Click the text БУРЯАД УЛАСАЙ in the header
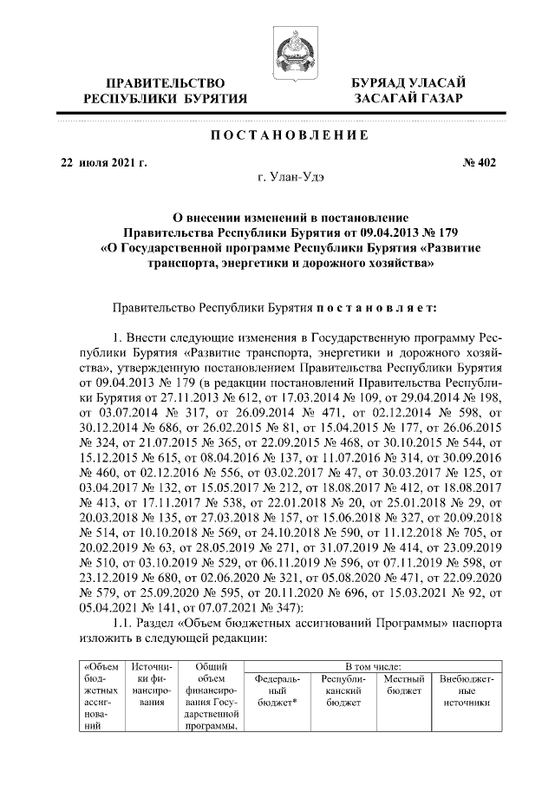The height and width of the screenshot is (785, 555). [x=402, y=82]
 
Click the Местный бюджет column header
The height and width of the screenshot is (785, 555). [x=404, y=684]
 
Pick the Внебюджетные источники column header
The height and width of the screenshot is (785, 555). [x=466, y=690]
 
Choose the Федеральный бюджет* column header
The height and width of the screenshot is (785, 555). [x=277, y=690]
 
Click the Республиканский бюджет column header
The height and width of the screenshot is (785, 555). [x=343, y=690]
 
